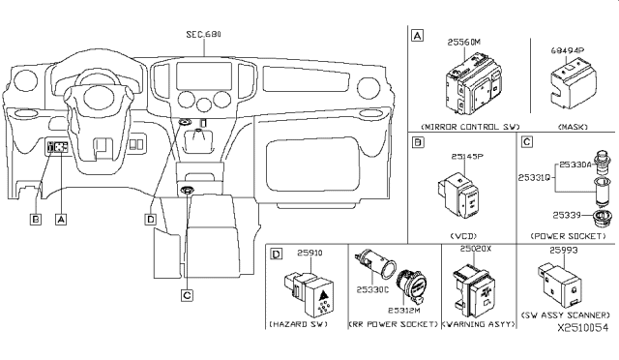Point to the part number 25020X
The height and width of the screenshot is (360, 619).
click(476, 250)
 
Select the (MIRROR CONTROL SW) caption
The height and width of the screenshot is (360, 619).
click(457, 125)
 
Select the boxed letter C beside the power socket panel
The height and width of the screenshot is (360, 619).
click(527, 142)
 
